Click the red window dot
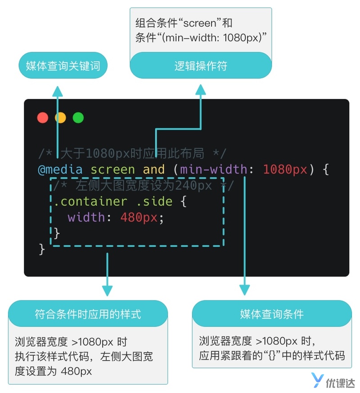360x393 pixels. tap(43, 118)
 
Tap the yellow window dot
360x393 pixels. tap(60, 118)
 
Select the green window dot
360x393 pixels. tap(78, 118)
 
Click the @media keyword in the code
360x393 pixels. tap(60, 170)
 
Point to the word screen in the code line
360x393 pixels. tap(112, 170)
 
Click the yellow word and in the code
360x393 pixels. tap(154, 170)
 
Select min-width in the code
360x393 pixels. tap(213, 170)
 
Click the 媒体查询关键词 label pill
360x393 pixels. tap(63, 67)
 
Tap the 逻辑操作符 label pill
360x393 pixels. tap(201, 67)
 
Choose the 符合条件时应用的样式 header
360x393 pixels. tap(88, 313)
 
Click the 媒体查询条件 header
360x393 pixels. tap(272, 314)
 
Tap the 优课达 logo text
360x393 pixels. tap(342, 380)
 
